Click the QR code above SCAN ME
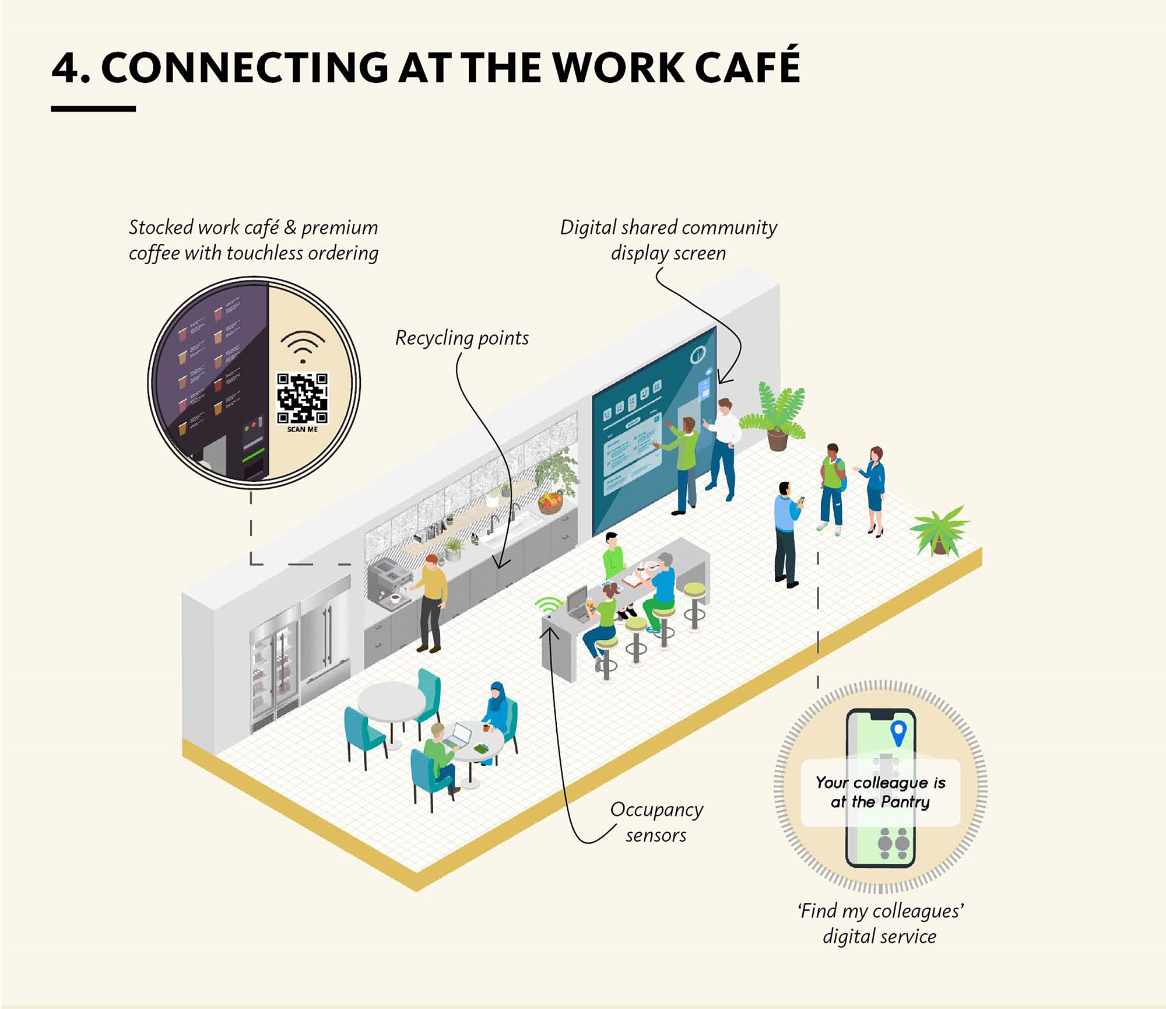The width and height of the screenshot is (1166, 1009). (x=302, y=398)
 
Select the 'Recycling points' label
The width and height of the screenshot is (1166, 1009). (x=462, y=338)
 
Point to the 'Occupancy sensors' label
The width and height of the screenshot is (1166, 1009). (x=656, y=822)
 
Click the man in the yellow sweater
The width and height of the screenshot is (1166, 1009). (x=431, y=601)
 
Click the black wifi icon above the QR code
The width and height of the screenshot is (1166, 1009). (x=302, y=345)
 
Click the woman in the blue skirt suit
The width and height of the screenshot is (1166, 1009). (x=874, y=490)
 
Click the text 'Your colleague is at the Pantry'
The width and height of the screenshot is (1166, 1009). (x=880, y=792)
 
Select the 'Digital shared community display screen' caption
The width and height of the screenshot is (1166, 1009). (x=668, y=240)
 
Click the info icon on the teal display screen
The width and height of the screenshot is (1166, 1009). (x=697, y=354)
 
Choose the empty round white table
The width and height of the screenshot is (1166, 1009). (x=391, y=703)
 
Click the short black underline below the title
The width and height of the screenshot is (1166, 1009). (x=93, y=109)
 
